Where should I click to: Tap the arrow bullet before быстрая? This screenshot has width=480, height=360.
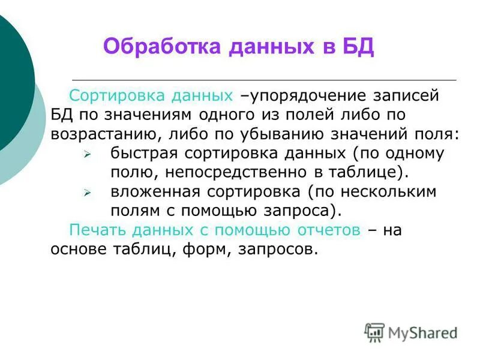click(87, 155)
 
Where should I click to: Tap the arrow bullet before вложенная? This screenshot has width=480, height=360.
click(87, 194)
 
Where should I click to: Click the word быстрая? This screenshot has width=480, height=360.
click(142, 153)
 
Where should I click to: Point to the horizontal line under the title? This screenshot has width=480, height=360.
click(264, 80)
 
